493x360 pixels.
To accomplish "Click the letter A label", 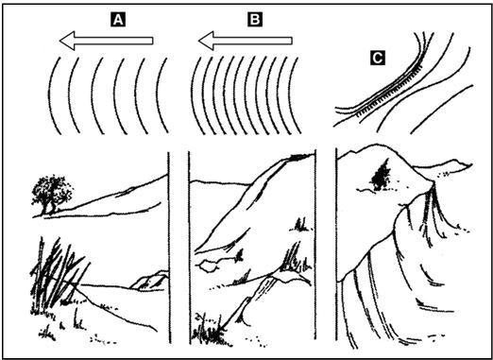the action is point(118,20).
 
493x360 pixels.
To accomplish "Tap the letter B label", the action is point(255,20).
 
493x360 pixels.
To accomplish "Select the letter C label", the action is point(378,58).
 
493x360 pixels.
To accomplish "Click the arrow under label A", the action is point(106,41).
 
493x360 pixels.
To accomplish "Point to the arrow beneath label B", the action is point(246,41).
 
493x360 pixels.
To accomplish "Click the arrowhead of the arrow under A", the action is point(67,41).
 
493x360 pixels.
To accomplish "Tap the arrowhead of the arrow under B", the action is point(206,41).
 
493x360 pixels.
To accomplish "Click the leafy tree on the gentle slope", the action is point(52,193).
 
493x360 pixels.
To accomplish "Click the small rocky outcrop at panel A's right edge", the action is point(150,281).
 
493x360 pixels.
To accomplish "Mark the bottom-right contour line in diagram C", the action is point(440,108).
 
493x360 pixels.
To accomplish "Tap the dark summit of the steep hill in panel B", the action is point(299,156).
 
